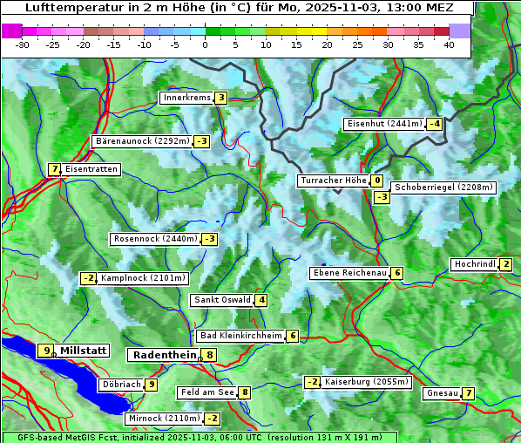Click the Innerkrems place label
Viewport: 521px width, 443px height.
[186, 98]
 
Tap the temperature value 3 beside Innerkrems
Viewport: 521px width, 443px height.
[221, 98]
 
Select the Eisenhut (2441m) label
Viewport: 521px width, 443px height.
[384, 124]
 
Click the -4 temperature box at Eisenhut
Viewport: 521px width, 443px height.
[434, 124]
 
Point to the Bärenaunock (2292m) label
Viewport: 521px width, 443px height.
[141, 141]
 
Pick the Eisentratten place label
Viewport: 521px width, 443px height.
[91, 169]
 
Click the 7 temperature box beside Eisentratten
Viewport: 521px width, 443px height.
[54, 169]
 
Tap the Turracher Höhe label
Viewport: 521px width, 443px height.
[333, 181]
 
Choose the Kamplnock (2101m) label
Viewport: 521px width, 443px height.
[143, 278]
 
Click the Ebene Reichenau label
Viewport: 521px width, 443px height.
[349, 273]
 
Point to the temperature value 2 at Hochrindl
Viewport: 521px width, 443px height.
[506, 264]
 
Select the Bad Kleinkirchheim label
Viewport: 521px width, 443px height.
[241, 336]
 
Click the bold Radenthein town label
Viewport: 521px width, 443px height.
[164, 355]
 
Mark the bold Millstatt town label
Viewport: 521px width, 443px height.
[84, 351]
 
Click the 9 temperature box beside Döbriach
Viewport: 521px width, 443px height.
[152, 384]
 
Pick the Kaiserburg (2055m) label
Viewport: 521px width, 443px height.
[366, 382]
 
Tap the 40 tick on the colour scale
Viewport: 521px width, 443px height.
[449, 44]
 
